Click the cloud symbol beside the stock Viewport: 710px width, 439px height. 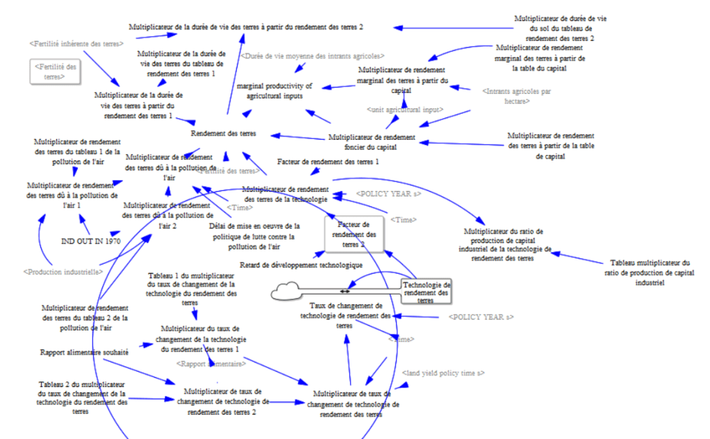click(286, 291)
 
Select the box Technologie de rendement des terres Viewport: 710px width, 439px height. click(427, 292)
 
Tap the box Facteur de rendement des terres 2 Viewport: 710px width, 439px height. click(354, 234)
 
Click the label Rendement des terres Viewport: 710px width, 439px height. click(224, 133)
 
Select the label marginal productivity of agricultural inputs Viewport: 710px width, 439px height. click(275, 91)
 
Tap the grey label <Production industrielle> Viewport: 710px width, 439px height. click(58, 272)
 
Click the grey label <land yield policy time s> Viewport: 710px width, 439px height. click(443, 374)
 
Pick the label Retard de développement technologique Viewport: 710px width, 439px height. click(302, 265)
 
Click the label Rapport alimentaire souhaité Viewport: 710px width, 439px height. click(84, 352)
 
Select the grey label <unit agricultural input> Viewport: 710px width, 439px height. click(405, 110)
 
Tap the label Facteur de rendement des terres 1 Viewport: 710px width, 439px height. click(328, 162)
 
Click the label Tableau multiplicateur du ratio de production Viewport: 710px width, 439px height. click(650, 272)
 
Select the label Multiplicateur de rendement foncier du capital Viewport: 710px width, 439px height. click(372, 142)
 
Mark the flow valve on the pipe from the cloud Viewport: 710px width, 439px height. click(344, 291)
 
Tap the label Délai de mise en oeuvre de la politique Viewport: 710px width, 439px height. click(254, 235)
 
